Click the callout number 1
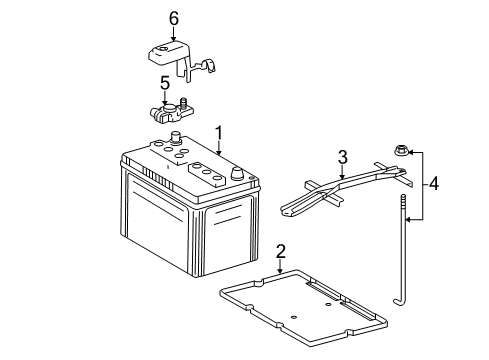tap(218, 132)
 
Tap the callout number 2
tap(281, 251)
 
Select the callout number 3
tap(342, 156)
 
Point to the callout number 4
tap(434, 184)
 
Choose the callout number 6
tap(173, 17)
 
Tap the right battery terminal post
tap(238, 171)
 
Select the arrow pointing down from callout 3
tap(342, 171)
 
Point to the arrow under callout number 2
tap(281, 265)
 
